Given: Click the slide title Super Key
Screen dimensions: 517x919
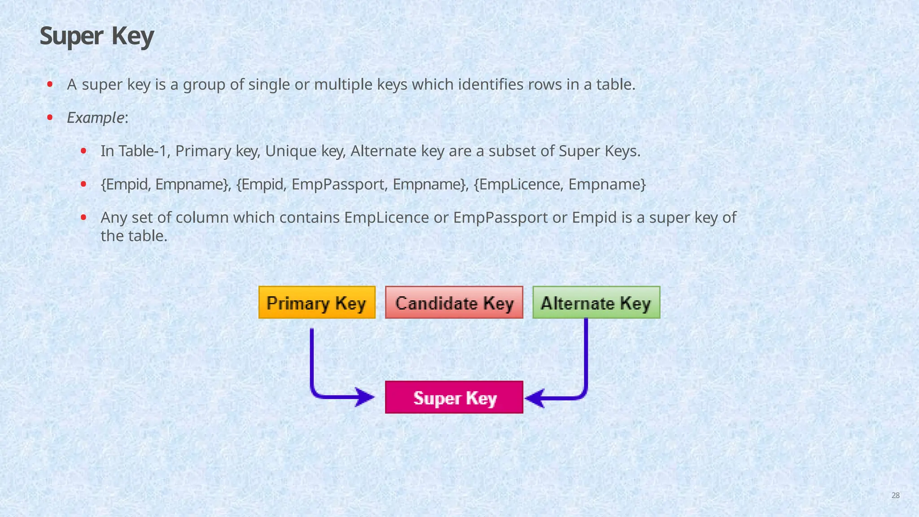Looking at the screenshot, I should [96, 36].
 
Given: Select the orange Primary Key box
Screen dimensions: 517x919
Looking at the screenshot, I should [317, 303].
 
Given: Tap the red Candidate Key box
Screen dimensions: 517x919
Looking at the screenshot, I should [454, 303].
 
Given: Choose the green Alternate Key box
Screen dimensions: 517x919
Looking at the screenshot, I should [596, 303].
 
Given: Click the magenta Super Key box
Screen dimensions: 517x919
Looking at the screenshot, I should [454, 398].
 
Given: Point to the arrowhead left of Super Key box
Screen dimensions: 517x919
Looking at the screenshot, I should [365, 397].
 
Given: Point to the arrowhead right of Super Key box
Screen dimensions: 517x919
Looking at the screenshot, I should [535, 398].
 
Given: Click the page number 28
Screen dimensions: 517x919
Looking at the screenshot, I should [895, 495].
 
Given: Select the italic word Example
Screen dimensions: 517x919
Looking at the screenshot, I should [95, 118].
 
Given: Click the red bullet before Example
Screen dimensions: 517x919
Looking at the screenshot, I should [50, 118].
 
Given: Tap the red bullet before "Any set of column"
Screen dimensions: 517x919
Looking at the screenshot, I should [83, 218].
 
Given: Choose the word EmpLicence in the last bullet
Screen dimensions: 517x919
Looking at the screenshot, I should [386, 218].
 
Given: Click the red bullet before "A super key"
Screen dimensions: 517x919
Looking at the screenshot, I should [50, 84].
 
